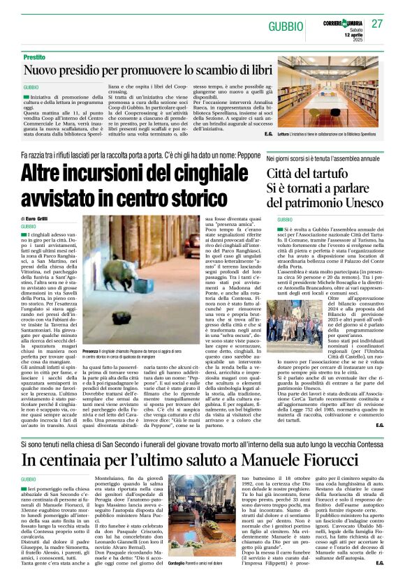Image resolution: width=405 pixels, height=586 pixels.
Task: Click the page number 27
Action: click(x=378, y=24)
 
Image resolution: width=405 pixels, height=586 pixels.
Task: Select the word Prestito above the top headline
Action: click(x=34, y=57)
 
